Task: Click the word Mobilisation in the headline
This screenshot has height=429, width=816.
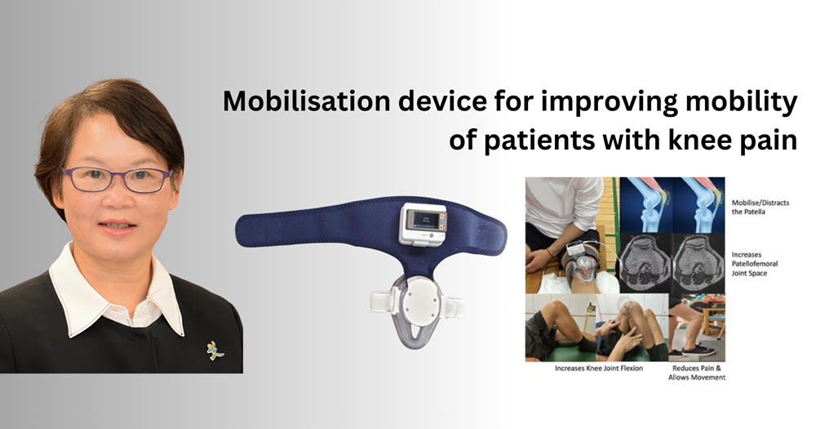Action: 307,101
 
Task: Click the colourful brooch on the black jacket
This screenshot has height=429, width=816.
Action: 214,351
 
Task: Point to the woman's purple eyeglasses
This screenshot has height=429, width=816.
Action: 117,179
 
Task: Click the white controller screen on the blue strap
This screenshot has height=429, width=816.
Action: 423,223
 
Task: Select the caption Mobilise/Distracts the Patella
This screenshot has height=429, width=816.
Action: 761,208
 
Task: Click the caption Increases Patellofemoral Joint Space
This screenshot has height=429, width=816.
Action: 755,264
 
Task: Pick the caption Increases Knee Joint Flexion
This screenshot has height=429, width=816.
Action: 598,368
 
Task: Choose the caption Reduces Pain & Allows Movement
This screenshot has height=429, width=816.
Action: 697,373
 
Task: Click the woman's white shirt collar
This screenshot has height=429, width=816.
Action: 117,289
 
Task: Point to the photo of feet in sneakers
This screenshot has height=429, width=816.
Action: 697,328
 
